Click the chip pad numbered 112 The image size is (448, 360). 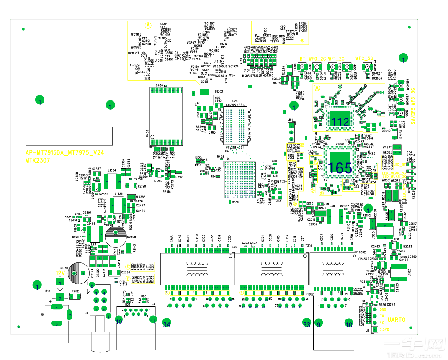coord(340,121)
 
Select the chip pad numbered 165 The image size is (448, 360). coord(340,167)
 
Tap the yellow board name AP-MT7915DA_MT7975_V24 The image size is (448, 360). coord(64,153)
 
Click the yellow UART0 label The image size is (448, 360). coord(396,320)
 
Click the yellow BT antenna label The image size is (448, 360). coord(303,59)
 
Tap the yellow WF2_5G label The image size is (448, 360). coord(364,59)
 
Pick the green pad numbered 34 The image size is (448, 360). coord(167,324)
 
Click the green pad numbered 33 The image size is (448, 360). coord(306,324)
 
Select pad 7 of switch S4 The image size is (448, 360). coord(108,316)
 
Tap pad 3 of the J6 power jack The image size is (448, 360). coord(70,315)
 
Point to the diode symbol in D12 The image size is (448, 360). coord(60,288)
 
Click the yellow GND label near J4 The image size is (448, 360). coord(383,309)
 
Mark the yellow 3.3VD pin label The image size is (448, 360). coord(384,330)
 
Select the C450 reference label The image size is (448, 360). coord(159,85)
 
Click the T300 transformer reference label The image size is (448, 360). coord(233,247)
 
